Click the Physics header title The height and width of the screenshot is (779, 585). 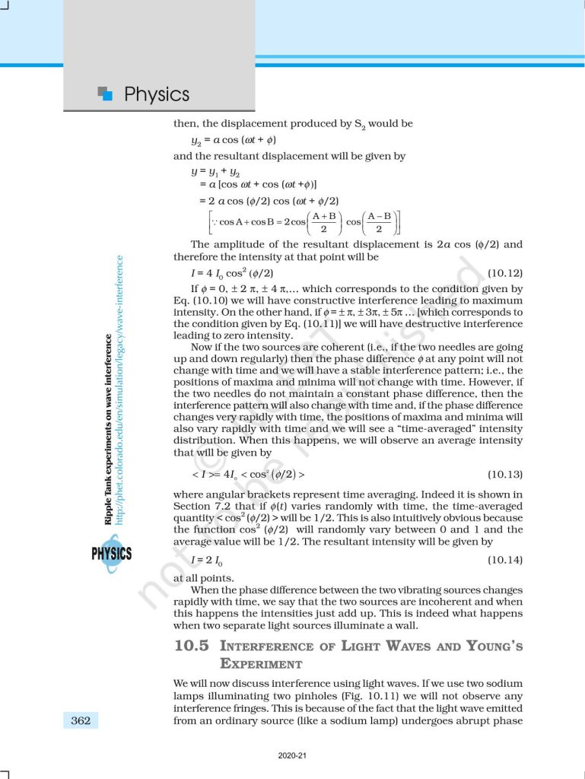[x=156, y=94]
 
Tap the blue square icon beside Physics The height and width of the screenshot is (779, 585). [x=106, y=94]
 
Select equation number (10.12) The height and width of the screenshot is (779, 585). [x=504, y=272]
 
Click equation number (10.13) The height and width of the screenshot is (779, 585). [x=504, y=475]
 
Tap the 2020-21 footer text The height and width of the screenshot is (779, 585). [x=292, y=755]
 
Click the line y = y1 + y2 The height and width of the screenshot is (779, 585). [x=217, y=172]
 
